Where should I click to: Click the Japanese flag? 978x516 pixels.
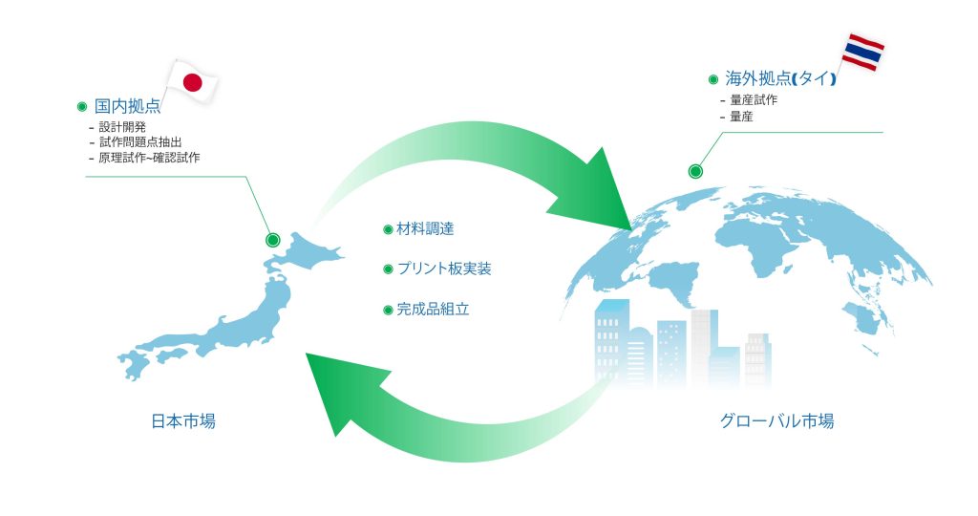coord(192,82)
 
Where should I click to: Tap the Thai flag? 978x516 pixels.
coord(863,53)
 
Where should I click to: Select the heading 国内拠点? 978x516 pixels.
coord(127,107)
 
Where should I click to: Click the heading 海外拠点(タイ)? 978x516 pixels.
coord(780,78)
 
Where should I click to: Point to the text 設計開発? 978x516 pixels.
coord(122,127)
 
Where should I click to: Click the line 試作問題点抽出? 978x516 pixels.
coord(140,142)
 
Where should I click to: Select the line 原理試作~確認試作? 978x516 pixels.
coord(149,158)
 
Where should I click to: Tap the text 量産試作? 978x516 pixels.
coord(755,99)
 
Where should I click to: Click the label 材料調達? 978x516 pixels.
coord(425,229)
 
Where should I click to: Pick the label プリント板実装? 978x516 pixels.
coord(444,269)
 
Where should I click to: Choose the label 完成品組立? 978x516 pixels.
coord(433,310)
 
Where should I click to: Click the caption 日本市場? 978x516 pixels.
coord(183,421)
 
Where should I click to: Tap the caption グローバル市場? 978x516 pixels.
coord(776,421)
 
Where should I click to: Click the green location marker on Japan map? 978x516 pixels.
coord(272,240)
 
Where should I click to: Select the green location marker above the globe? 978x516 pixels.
coord(695,171)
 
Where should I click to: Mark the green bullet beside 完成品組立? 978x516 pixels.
coord(388,311)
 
